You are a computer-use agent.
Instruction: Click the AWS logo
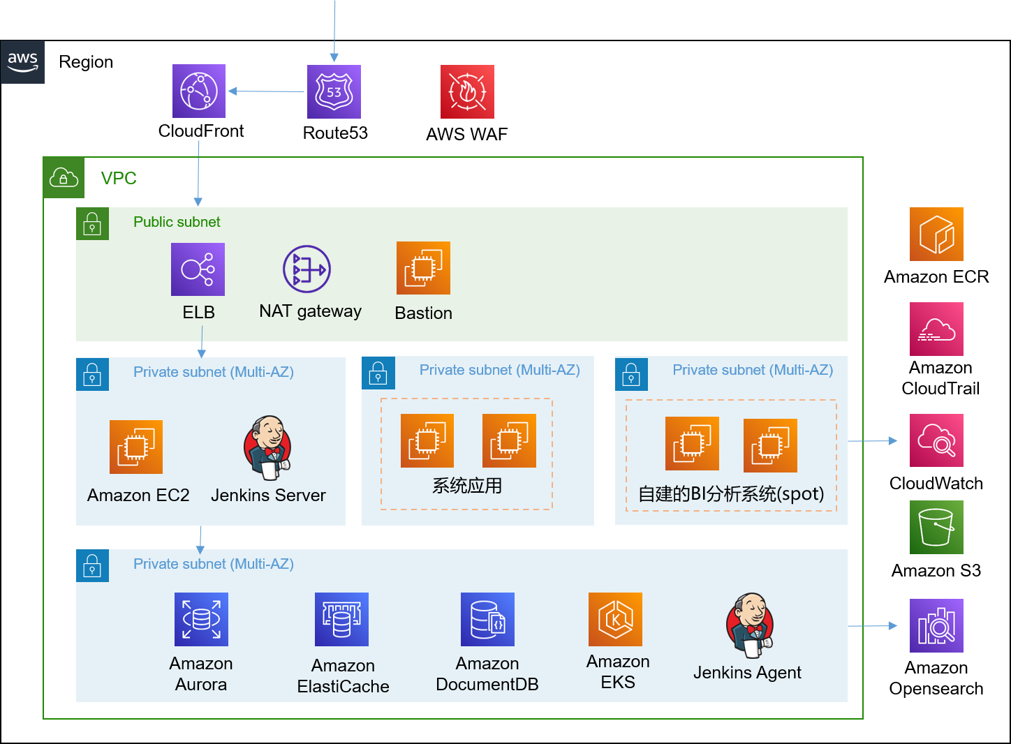click(x=22, y=62)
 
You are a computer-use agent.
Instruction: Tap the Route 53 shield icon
click(x=334, y=91)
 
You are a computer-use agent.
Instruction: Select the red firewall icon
click(x=467, y=91)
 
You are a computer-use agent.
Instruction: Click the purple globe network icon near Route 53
click(x=199, y=91)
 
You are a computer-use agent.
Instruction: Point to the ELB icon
click(x=198, y=269)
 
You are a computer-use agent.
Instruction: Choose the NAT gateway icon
click(x=307, y=269)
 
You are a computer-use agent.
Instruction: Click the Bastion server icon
click(x=423, y=268)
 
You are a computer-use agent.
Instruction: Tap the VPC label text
click(x=119, y=179)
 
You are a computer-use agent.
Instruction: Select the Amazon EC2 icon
click(x=136, y=447)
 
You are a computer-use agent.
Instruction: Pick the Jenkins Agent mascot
click(x=749, y=625)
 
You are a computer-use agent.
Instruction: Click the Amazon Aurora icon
click(x=201, y=619)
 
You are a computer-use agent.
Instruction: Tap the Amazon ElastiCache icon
click(x=341, y=619)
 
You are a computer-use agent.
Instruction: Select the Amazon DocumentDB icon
click(x=487, y=619)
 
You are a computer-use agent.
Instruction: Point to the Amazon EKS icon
click(x=615, y=619)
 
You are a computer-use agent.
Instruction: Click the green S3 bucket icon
click(x=936, y=527)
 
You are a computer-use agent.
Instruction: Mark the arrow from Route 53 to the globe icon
click(x=266, y=91)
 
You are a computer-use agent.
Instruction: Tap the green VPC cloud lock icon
click(x=64, y=177)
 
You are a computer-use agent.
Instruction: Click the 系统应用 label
click(x=467, y=486)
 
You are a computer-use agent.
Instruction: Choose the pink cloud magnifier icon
click(x=936, y=440)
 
